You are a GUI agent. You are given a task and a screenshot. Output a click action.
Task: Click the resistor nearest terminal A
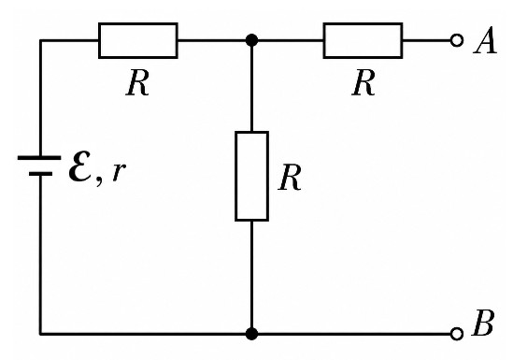[363, 40]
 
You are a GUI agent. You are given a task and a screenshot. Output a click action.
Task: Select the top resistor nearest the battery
[138, 40]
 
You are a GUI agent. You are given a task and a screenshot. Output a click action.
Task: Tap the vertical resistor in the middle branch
[252, 177]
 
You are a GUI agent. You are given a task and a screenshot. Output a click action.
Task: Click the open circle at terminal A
[457, 40]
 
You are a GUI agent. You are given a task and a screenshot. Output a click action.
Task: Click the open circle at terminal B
[457, 334]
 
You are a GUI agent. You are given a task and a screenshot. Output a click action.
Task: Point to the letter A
[486, 40]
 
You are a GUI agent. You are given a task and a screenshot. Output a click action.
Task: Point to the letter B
[482, 323]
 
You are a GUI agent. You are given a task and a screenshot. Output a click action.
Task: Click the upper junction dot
[251, 40]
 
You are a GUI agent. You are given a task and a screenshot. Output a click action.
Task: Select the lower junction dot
[251, 334]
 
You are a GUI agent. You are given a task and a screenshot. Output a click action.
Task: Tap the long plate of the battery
[39, 158]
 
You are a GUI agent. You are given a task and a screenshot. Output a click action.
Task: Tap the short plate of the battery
[40, 174]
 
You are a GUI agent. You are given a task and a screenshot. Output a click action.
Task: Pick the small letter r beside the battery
[119, 171]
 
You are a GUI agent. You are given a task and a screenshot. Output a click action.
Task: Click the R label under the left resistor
[137, 82]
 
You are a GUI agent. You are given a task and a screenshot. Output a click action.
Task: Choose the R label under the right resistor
[363, 82]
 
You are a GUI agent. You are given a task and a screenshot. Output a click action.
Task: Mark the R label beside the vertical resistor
[290, 177]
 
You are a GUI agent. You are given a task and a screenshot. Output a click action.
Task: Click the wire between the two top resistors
[250, 40]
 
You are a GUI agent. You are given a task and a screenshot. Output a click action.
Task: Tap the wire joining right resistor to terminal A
[427, 40]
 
